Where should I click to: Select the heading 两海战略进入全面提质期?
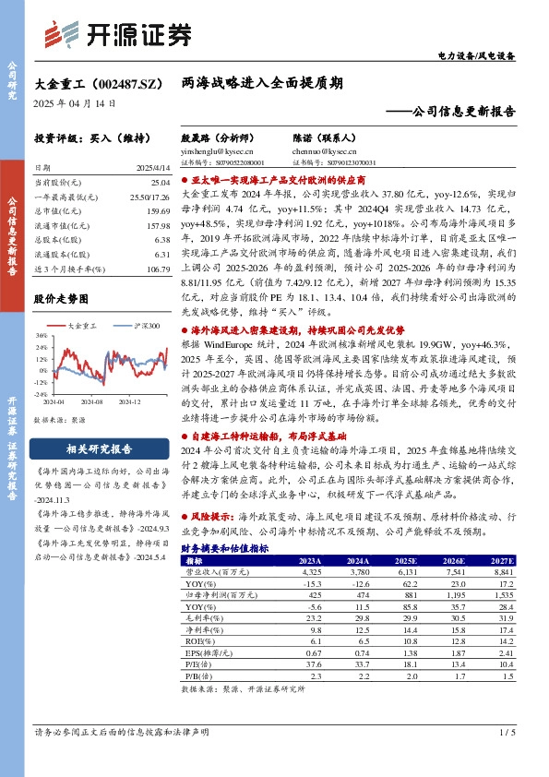pyautogui.click(x=263, y=83)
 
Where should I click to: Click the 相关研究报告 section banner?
pyautogui.click(x=92, y=449)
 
